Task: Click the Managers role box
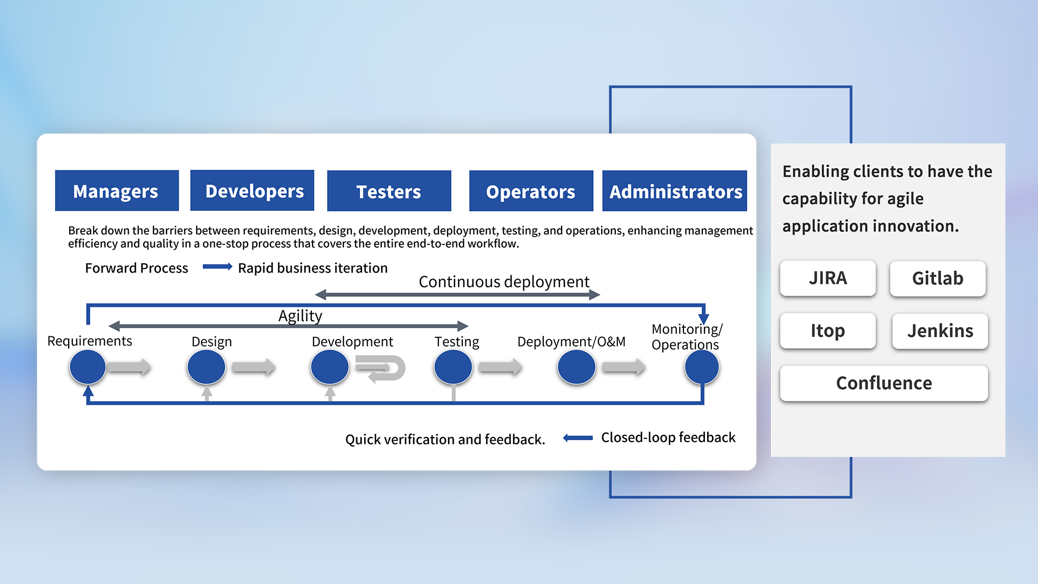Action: tap(117, 191)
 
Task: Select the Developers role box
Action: tap(252, 191)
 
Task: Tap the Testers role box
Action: tap(389, 191)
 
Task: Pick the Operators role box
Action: tap(531, 191)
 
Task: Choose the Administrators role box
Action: tap(675, 191)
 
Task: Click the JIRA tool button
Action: tap(828, 278)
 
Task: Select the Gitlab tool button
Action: tap(937, 278)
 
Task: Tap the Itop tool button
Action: tap(828, 331)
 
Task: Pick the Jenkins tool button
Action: tap(940, 331)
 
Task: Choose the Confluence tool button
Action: tap(884, 383)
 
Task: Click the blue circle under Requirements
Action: tap(88, 367)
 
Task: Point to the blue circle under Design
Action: tap(206, 367)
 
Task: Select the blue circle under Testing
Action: tap(453, 367)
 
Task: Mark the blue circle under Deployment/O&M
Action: tap(576, 367)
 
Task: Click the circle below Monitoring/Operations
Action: tap(702, 367)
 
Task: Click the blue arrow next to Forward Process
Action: tap(217, 267)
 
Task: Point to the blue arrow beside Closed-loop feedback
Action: tap(578, 438)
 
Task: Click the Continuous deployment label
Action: tap(504, 282)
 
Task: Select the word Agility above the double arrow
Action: tap(300, 316)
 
